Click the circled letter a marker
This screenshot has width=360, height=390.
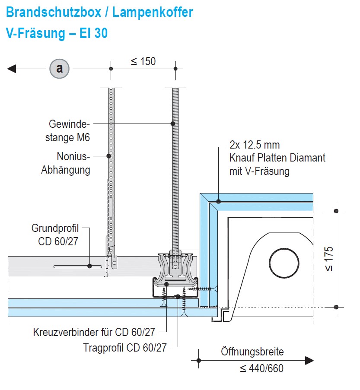coord(59,68)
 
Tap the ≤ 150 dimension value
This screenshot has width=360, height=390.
coord(143,61)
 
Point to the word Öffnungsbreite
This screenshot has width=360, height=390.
coord(252,352)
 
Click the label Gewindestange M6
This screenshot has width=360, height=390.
coord(69,131)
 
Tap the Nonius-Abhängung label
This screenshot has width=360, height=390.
coord(66,163)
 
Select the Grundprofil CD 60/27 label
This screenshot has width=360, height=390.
coord(55,235)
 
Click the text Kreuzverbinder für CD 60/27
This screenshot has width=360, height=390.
coord(94,333)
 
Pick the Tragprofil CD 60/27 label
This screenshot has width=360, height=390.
coord(125,347)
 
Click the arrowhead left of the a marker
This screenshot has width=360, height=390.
coord(12,68)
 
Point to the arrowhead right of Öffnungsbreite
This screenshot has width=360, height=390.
coord(309,360)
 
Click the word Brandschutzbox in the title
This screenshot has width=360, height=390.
coord(53,12)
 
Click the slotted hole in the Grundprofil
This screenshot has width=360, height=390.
coord(78,266)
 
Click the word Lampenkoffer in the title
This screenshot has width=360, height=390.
coord(153,12)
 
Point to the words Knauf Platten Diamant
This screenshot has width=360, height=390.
coord(277,158)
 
